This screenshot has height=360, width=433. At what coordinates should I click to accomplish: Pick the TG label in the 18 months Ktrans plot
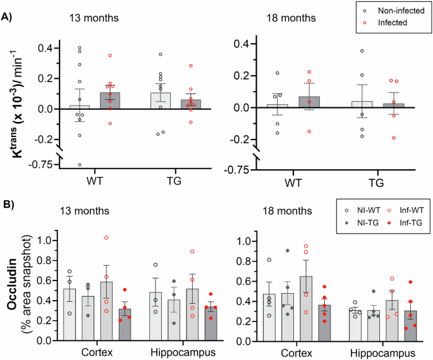[x=377, y=183]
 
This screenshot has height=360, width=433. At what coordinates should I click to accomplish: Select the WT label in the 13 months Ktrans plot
[x=95, y=183]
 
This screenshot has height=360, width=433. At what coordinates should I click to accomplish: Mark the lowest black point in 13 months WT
[x=80, y=164]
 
